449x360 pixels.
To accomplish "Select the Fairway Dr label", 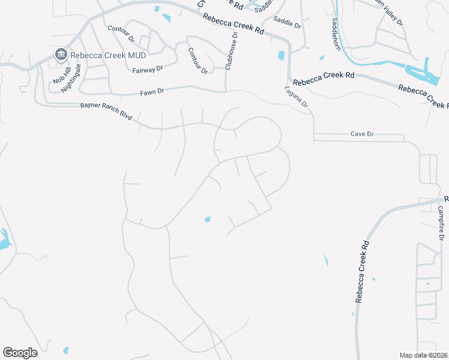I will [148, 70].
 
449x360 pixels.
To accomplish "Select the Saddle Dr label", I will [287, 23].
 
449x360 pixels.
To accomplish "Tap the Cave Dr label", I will [362, 134].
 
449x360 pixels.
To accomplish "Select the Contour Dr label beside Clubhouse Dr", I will [197, 61].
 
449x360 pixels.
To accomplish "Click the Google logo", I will [20, 353].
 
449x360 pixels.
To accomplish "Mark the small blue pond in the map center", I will [207, 219].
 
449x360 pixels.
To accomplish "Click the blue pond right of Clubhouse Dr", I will [281, 56].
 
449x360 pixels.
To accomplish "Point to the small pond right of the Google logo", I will [65, 350].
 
